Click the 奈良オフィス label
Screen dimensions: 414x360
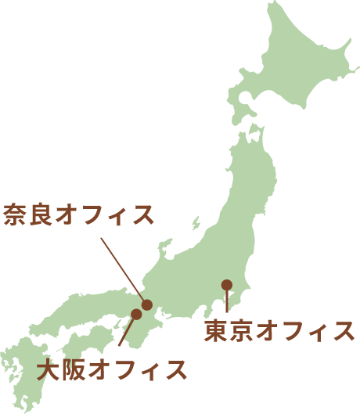coord(79,214)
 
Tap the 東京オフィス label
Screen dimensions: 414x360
coord(279,331)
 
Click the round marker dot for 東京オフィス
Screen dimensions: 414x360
coord(227,285)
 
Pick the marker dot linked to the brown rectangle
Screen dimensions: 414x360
coord(146,304)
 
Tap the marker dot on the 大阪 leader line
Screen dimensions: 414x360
coord(136,314)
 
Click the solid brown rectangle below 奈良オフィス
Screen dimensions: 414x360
coord(119,263)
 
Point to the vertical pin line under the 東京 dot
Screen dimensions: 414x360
coord(227,301)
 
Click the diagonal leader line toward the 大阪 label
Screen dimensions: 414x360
coord(126,331)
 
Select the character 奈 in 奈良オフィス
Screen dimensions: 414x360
coord(16,214)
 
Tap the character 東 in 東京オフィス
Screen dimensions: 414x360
coord(216,331)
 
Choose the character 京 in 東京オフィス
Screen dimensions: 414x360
coord(242,331)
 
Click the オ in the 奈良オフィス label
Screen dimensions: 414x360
coord(67,214)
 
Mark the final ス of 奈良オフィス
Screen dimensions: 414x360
coord(142,214)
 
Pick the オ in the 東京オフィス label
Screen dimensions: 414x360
coord(267,331)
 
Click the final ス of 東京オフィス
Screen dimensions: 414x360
coord(343,331)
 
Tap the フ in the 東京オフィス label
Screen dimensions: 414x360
coord(292,331)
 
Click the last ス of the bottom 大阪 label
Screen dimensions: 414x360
coord(177,369)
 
